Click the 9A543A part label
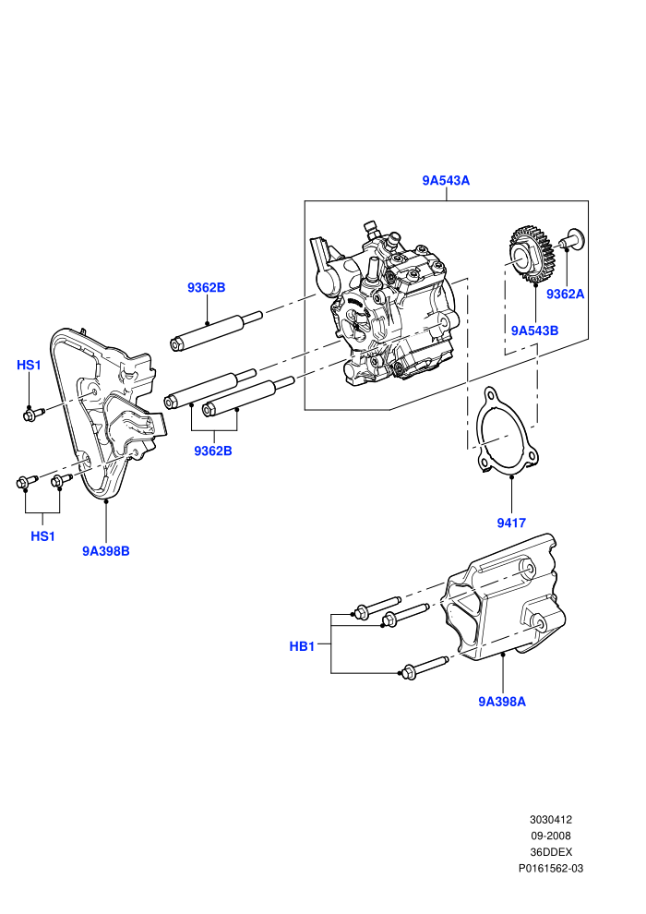click(x=446, y=181)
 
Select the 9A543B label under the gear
click(x=534, y=331)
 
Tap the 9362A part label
click(x=565, y=294)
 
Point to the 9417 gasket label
click(x=511, y=523)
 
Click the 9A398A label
click(x=502, y=702)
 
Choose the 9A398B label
click(x=106, y=551)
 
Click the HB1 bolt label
click(x=302, y=646)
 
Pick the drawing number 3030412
click(x=550, y=820)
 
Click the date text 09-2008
click(x=550, y=836)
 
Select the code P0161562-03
click(x=550, y=869)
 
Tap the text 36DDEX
click(x=550, y=852)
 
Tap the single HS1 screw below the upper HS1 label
click(x=33, y=415)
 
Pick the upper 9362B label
click(x=206, y=287)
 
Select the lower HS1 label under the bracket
click(x=42, y=535)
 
